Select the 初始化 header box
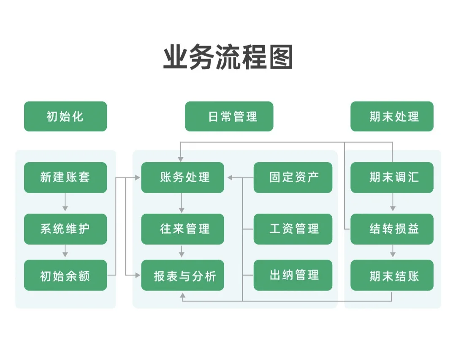coord(65,116)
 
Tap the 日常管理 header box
coord(229,116)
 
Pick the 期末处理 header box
coord(392,116)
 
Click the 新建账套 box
coord(65,177)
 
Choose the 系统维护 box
coord(65,229)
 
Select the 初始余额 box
coord(65,275)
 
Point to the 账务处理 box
coord(182,177)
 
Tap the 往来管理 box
coord(182,229)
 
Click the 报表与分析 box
coord(182,275)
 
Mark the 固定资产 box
coord(293,177)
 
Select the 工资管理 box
coord(293,229)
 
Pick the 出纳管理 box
coord(293,275)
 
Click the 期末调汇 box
coord(392,177)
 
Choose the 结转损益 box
coord(392,229)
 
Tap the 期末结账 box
coord(392,275)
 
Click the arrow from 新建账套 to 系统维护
coord(65,203)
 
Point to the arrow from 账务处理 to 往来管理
coord(182,203)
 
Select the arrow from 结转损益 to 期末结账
coord(393,252)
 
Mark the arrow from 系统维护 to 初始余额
coord(65,252)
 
